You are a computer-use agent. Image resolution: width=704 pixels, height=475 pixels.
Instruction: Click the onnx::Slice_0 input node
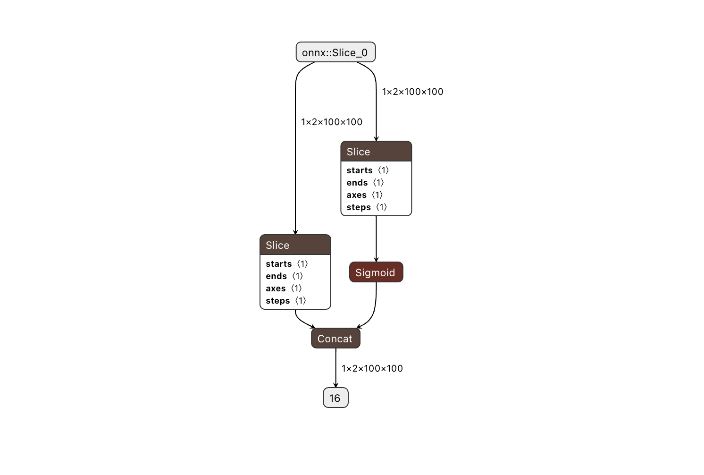(x=335, y=52)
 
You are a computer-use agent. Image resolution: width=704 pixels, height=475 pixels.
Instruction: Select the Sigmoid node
(x=376, y=272)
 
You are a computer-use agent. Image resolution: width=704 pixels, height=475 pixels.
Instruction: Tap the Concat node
(x=335, y=339)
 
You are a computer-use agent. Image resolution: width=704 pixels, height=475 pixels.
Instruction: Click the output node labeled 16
(x=335, y=398)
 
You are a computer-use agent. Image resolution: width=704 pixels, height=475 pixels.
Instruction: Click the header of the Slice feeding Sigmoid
(x=376, y=152)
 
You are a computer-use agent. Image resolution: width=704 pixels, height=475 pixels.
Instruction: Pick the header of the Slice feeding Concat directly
(x=295, y=245)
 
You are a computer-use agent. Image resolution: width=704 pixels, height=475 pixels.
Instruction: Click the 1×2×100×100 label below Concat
(x=372, y=368)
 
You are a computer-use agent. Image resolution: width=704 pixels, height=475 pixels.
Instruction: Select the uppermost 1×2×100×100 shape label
(x=412, y=92)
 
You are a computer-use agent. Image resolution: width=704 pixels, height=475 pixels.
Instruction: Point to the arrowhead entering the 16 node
(x=335, y=385)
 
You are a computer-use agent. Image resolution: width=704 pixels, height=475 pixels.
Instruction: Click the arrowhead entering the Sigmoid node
(x=376, y=259)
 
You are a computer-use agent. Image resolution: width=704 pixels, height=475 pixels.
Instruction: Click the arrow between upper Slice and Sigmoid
(x=376, y=238)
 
